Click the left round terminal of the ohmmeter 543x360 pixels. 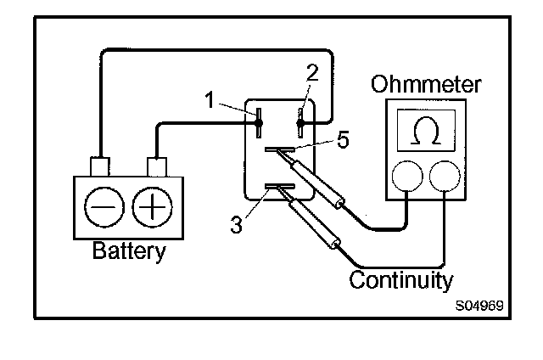406,176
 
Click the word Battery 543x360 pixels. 129,251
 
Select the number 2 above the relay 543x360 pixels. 311,74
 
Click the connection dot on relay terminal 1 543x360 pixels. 258,125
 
